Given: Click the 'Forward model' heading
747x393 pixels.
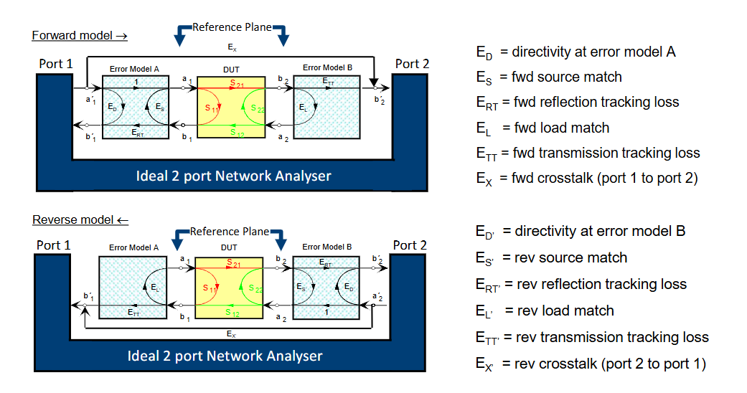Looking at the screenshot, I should point(79,35).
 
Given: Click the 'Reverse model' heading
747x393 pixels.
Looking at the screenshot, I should point(80,220).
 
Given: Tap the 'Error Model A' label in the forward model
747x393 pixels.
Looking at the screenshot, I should point(134,68).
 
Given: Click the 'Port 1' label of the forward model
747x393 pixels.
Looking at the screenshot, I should point(55,64).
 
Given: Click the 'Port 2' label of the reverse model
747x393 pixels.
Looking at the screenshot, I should point(410,245).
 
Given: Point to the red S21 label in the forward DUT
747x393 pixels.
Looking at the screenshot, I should point(236,85).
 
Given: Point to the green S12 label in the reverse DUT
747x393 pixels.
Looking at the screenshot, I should point(233,312).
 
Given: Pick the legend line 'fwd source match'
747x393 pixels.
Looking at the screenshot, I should point(549,77).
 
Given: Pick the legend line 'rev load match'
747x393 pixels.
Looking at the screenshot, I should point(545,311).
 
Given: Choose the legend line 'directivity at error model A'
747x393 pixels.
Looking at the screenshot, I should point(575,52).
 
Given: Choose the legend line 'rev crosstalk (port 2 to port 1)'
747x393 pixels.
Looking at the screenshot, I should point(591,364).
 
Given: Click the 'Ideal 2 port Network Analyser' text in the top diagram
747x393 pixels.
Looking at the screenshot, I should point(233,175).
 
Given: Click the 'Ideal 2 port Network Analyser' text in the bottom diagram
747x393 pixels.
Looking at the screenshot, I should point(225,356).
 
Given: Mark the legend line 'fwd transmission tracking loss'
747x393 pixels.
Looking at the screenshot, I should point(588,153).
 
